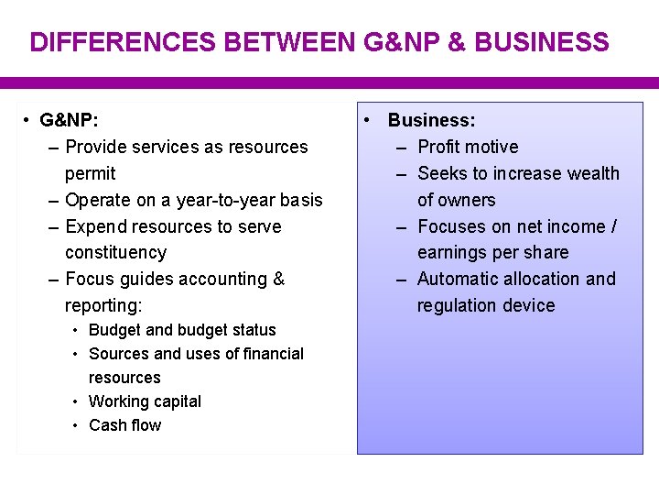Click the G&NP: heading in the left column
tap(70, 120)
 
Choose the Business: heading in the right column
tap(431, 120)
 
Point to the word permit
tap(90, 173)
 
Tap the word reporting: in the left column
tap(103, 305)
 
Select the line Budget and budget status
tap(181, 330)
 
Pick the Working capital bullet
tap(145, 401)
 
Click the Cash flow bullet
tap(124, 425)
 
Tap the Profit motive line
tap(468, 147)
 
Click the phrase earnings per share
tap(492, 252)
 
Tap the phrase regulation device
tap(486, 305)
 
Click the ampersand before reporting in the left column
tap(279, 279)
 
